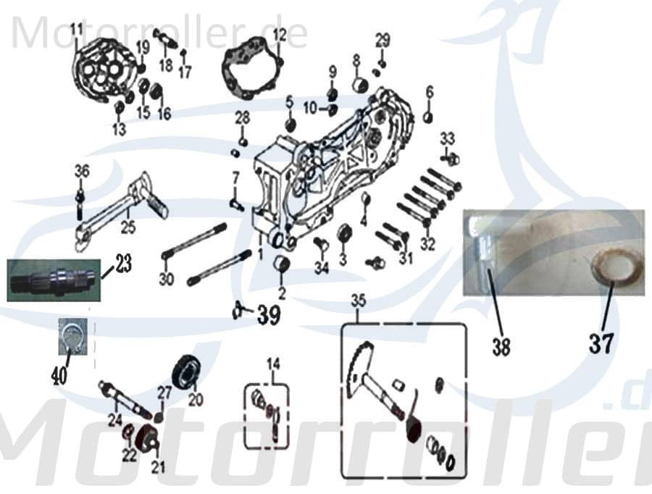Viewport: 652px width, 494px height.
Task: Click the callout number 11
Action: [77, 29]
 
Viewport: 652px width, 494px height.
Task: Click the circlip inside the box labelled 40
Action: [72, 338]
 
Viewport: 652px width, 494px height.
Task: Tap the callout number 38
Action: [501, 346]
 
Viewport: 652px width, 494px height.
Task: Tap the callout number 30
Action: [167, 280]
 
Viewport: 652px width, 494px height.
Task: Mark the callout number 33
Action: [447, 138]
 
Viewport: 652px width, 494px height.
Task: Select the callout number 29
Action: [382, 38]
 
